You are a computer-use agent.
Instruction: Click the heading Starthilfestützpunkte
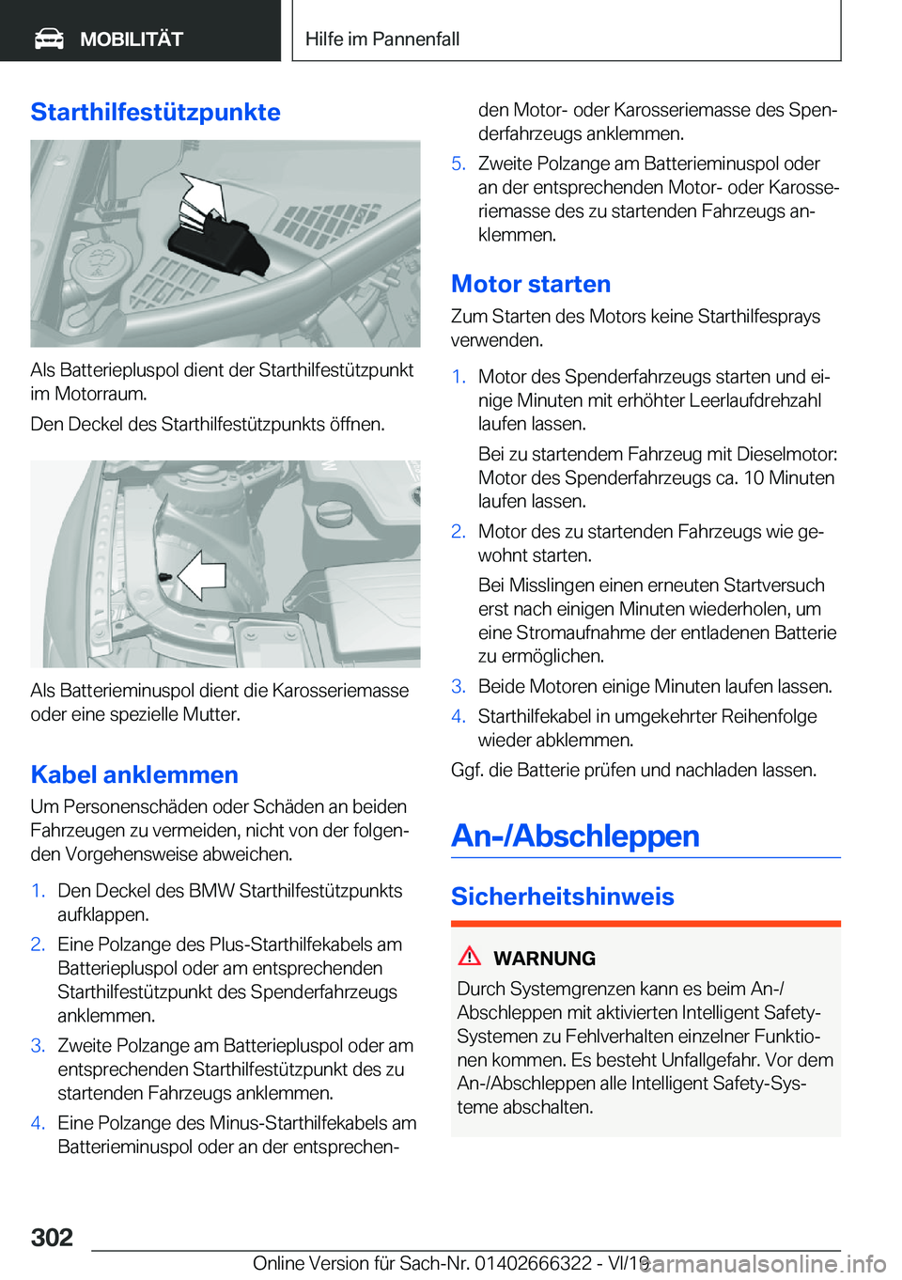click(155, 112)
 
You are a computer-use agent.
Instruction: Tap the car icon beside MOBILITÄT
click(49, 39)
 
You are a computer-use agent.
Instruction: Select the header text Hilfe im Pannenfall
click(382, 39)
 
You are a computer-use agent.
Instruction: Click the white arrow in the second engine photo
click(202, 574)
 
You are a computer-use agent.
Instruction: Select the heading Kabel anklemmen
click(134, 774)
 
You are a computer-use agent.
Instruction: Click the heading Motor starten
click(531, 284)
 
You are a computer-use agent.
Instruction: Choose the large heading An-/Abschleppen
click(575, 835)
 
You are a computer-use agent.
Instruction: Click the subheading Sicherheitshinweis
click(562, 896)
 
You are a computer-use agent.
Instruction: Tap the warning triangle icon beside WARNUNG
click(469, 957)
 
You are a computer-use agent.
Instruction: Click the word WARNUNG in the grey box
click(544, 959)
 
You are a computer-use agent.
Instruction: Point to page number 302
click(52, 1237)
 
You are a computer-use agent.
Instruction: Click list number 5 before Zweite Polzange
click(458, 164)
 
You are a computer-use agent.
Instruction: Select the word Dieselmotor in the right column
click(786, 454)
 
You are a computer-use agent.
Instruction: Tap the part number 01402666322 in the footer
click(533, 1263)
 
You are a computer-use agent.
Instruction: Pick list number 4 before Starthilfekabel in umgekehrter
click(458, 716)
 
